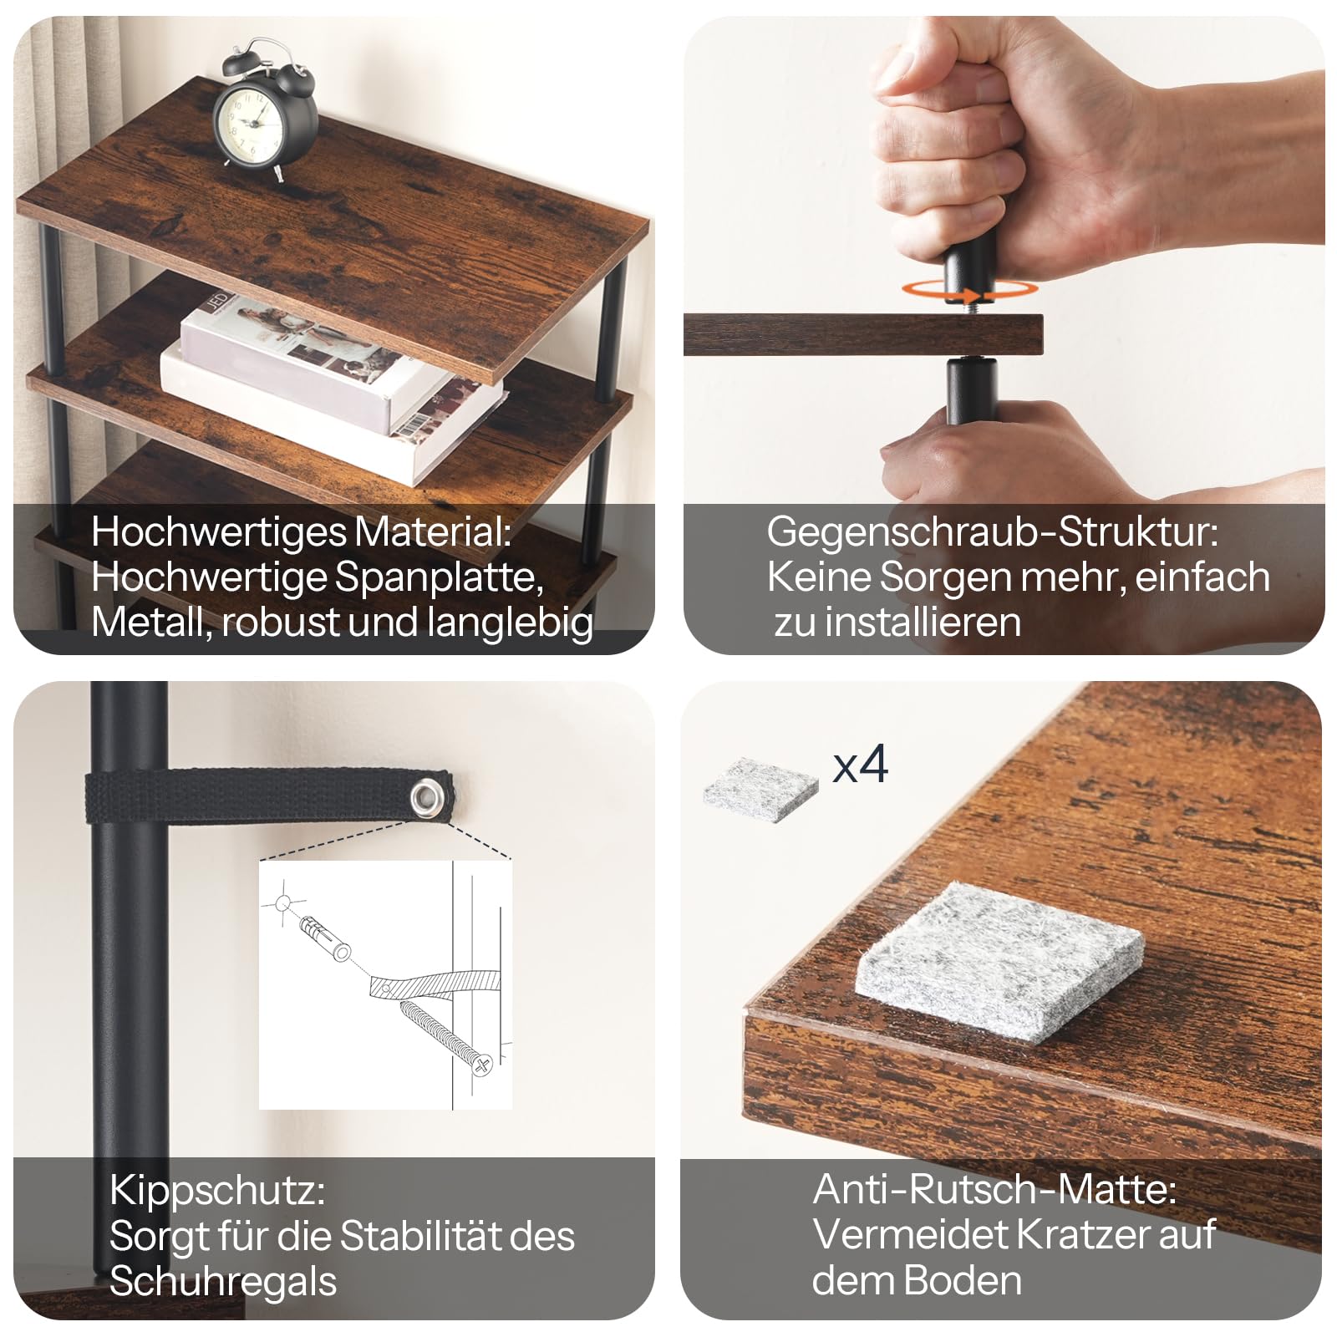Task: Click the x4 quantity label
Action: click(x=860, y=765)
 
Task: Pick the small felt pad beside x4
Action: click(x=760, y=789)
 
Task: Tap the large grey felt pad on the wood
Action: click(x=999, y=963)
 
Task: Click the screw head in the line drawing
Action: click(x=481, y=1065)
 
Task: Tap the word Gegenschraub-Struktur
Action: click(x=992, y=532)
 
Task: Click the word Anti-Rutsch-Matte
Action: click(x=994, y=1189)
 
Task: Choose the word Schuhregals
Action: click(x=222, y=1281)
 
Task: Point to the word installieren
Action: click(x=923, y=623)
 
